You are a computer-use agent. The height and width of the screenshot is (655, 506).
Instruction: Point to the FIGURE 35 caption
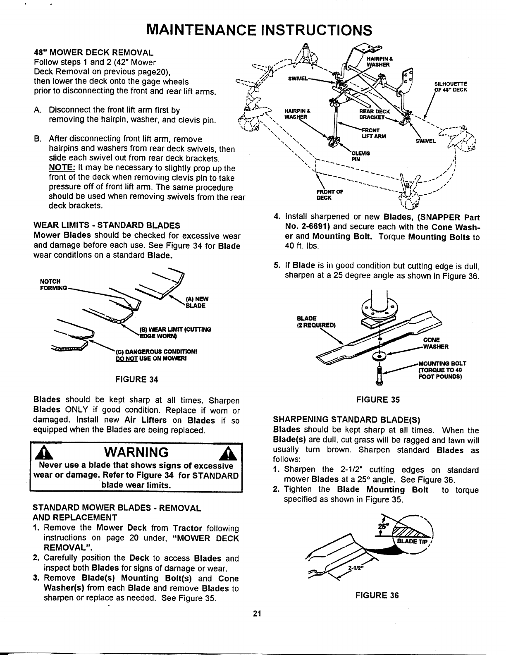(x=378, y=399)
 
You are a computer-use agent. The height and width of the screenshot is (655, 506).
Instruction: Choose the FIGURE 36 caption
(x=377, y=595)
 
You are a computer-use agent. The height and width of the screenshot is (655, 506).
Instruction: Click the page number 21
(x=256, y=613)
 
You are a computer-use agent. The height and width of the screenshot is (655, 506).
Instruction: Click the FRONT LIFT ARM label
(x=375, y=133)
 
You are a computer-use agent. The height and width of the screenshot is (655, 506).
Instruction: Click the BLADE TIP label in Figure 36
(x=412, y=543)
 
